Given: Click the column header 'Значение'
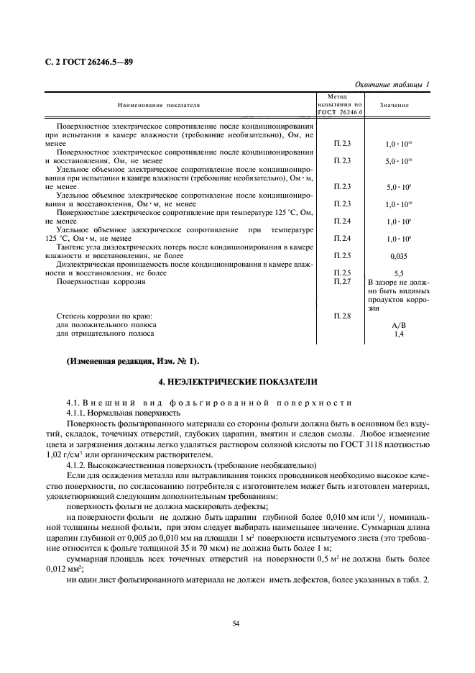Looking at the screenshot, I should click(395, 105).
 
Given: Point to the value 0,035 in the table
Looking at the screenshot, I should click(399, 255).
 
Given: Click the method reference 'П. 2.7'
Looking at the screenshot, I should click(341, 281).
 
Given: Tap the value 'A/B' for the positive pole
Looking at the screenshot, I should click(399, 324).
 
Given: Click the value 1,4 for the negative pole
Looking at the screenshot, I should click(399, 334).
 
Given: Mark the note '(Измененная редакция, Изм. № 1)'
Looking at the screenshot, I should click(133, 360).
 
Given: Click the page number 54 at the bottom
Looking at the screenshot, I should click(236, 623).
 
